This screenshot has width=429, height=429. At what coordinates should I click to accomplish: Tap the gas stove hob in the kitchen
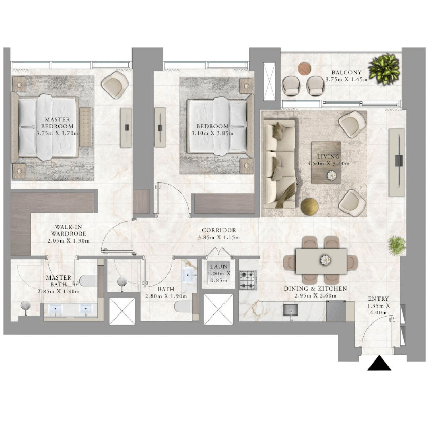(x=248, y=280)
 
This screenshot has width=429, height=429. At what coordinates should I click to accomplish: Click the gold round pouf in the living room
(x=310, y=207)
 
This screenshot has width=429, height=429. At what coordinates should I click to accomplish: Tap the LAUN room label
(x=219, y=267)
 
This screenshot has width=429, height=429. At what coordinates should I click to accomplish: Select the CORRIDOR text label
(x=219, y=230)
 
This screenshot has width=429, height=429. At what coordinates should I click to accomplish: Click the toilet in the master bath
(x=88, y=281)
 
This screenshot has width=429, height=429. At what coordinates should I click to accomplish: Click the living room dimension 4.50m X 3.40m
(x=328, y=164)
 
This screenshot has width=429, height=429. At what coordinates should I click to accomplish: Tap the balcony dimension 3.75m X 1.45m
(x=346, y=79)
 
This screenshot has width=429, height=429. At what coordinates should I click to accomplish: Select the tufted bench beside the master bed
(x=86, y=127)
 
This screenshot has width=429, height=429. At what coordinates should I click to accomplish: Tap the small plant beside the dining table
(x=396, y=246)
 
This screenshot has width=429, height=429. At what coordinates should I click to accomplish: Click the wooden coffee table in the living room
(x=326, y=163)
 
